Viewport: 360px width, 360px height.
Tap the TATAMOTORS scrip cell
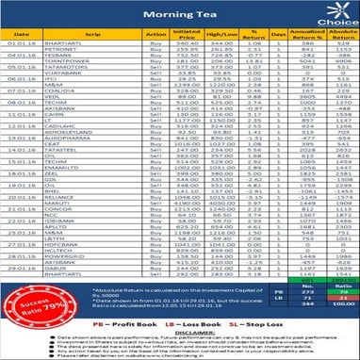tap(83, 89)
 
